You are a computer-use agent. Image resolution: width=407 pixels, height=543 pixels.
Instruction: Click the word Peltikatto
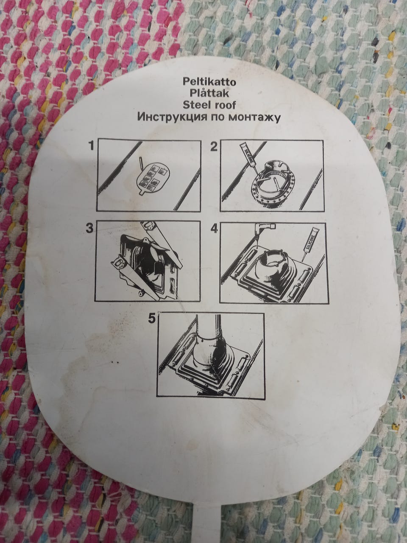[x=209, y=82]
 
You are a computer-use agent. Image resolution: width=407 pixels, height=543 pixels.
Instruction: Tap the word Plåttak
[x=209, y=93]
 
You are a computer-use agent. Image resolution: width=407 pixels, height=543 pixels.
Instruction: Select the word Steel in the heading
[x=195, y=105]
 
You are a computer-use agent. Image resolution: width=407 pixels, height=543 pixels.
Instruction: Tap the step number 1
[x=92, y=146]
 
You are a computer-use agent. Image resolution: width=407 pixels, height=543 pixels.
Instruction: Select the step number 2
[x=214, y=147]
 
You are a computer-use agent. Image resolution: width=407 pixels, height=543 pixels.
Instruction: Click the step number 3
[x=89, y=228]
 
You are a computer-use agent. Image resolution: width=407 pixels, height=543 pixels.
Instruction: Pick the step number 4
[x=214, y=229]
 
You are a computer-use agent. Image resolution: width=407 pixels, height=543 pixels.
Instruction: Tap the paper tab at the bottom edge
[x=208, y=532]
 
